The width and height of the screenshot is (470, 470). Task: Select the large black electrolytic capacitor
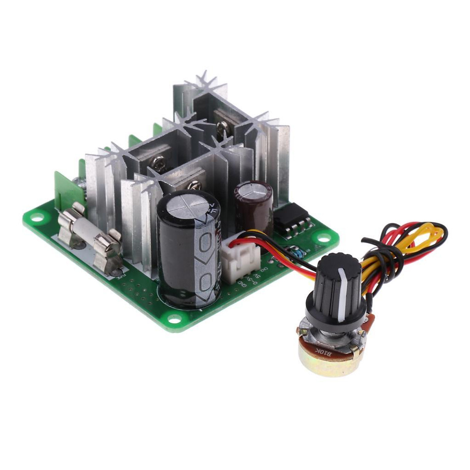[188, 251]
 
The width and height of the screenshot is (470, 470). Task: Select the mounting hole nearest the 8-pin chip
[325, 237]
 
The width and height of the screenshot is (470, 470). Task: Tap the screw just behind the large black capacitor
[193, 185]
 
